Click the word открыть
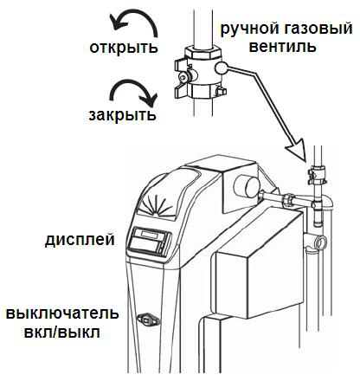(124, 48)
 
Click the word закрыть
(123, 115)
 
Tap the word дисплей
(80, 240)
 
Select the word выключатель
(62, 313)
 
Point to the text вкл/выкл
(61, 332)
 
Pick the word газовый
(314, 29)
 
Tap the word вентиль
(283, 46)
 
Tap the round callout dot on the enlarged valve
(222, 68)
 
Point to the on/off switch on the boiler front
(147, 320)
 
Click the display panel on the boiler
(150, 241)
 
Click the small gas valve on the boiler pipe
(317, 176)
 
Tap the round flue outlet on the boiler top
(247, 186)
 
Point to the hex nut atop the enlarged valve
(203, 52)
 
